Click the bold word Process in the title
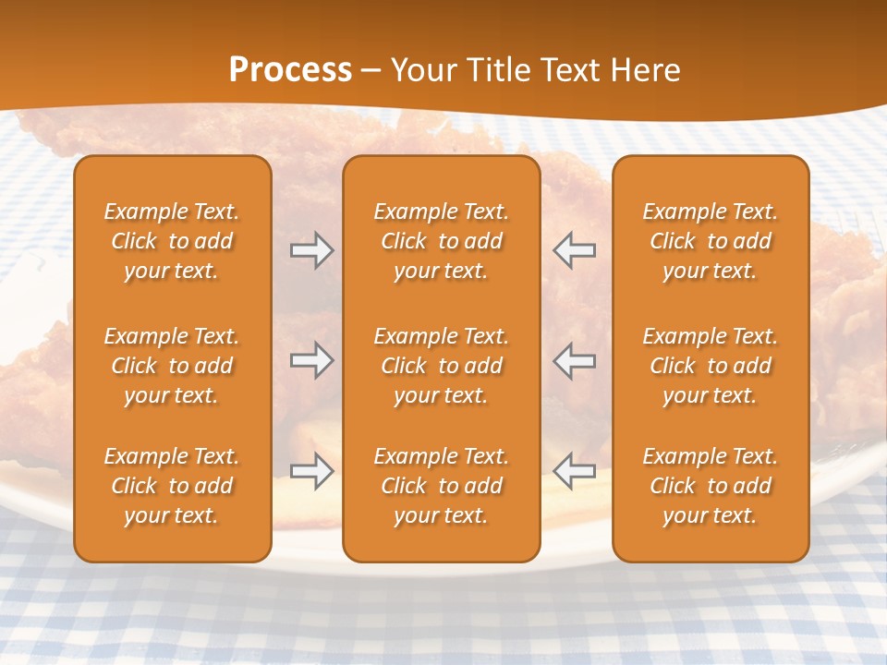(x=290, y=70)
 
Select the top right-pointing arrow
(x=311, y=250)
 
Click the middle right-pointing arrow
(x=311, y=360)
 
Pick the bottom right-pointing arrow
(x=311, y=471)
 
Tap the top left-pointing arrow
(x=574, y=250)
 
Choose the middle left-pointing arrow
(x=574, y=360)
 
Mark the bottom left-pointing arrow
(x=574, y=471)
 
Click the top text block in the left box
(x=172, y=241)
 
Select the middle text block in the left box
(x=172, y=366)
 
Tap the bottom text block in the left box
(x=172, y=486)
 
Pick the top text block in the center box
(x=441, y=241)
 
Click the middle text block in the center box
(x=441, y=366)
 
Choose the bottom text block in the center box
(x=441, y=486)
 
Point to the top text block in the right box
(x=710, y=241)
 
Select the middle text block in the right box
(x=710, y=366)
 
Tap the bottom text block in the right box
(x=710, y=486)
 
